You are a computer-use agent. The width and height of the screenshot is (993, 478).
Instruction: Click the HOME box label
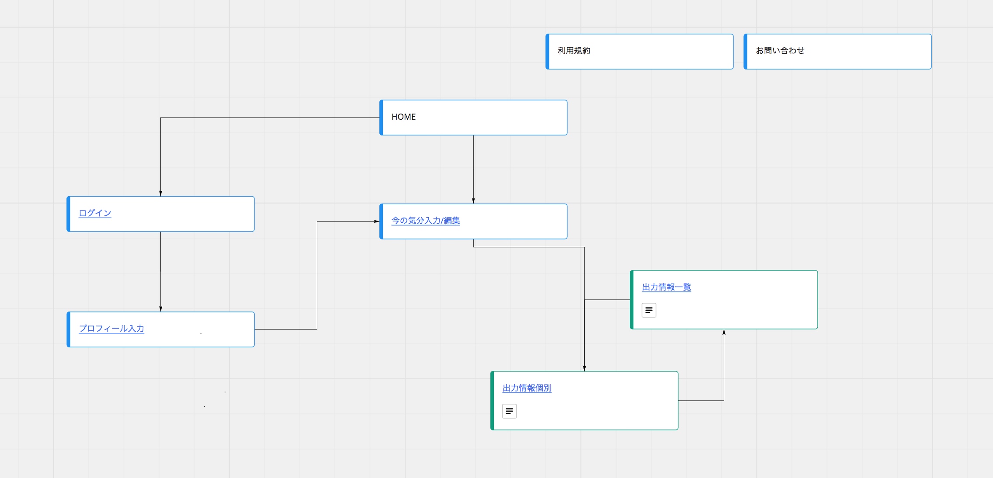403,117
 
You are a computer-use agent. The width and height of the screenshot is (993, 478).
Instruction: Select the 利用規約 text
574,51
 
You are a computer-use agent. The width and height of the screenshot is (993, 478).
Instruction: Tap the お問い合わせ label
780,51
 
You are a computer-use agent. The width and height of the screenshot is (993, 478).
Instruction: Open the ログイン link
95,213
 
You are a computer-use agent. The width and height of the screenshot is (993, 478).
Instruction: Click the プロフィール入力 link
111,329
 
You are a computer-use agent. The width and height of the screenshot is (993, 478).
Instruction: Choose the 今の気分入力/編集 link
426,221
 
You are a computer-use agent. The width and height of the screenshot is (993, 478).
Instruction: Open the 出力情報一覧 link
667,287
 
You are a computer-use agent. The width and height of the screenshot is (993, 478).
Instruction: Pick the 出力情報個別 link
527,388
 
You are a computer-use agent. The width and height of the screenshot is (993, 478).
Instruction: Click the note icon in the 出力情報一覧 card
649,310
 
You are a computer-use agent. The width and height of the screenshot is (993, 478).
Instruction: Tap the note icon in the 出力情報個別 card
510,411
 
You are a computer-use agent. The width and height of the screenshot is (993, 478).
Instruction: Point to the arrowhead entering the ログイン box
160,194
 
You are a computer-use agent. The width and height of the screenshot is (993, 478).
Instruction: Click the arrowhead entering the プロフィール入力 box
160,309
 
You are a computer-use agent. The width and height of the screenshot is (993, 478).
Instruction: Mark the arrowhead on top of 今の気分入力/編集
473,201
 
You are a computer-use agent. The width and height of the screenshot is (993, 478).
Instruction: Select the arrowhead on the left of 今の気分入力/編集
377,222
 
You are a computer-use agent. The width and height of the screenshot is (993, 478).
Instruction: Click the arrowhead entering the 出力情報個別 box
584,368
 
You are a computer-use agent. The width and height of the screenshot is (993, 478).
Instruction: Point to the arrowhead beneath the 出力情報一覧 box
724,332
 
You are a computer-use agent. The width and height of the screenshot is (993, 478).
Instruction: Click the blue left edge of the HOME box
381,118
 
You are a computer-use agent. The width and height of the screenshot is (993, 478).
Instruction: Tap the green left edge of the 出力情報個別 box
492,401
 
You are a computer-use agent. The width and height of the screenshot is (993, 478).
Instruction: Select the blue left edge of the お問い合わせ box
745,52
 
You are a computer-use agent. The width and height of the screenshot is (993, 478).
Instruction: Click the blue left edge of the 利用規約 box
547,52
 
